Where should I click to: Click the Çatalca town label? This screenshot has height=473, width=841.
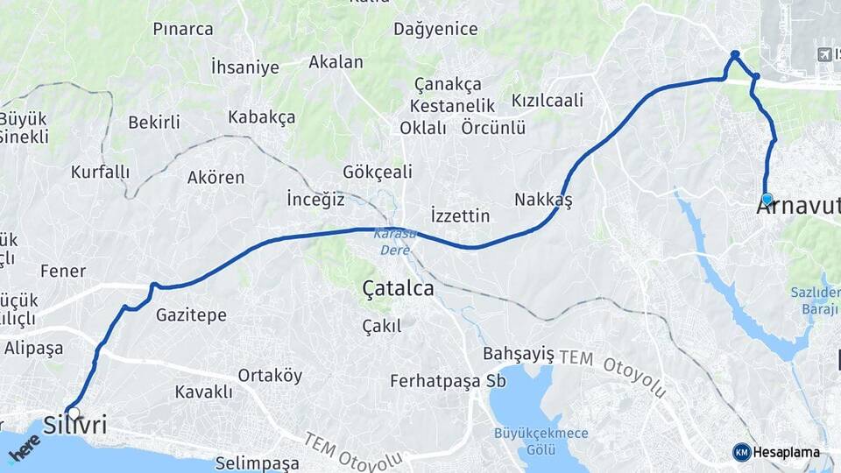(x=398, y=287)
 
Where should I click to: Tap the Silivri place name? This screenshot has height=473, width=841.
(x=74, y=426)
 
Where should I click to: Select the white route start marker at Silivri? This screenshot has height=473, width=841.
(x=73, y=413)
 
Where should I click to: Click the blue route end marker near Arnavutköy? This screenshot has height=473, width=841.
(x=767, y=199)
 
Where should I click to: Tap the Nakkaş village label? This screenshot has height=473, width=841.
(x=543, y=201)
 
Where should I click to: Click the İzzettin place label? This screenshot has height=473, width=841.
(x=460, y=215)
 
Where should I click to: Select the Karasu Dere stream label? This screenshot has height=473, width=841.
(x=391, y=242)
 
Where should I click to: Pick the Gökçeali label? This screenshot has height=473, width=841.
(x=378, y=172)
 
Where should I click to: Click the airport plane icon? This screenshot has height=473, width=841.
(x=823, y=55)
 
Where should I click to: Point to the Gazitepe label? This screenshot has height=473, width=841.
(x=191, y=314)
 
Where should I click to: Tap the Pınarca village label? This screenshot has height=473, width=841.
(x=183, y=29)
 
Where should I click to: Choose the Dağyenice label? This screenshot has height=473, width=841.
(x=435, y=29)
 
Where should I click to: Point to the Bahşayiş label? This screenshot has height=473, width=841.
(x=519, y=353)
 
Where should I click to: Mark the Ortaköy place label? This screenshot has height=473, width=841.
(x=270, y=376)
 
